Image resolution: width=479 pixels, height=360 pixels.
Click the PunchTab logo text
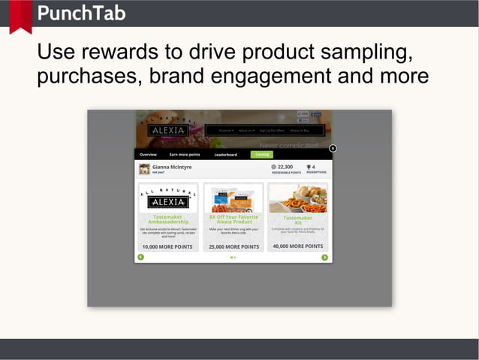(x=81, y=13)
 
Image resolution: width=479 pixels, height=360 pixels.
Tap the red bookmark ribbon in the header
(x=20, y=15)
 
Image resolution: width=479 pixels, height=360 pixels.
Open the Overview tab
(x=148, y=154)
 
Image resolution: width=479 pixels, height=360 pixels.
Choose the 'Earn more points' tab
(x=185, y=154)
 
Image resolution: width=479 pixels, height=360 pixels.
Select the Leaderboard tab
(x=225, y=154)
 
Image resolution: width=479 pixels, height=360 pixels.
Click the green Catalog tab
(x=261, y=154)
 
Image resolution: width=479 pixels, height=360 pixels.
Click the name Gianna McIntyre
(x=172, y=167)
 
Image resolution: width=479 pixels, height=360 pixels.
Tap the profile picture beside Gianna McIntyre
(x=144, y=169)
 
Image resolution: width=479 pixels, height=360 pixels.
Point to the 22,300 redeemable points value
(x=285, y=167)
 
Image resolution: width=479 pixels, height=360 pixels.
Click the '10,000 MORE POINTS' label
(x=168, y=247)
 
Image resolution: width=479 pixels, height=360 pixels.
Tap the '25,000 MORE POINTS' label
(x=233, y=247)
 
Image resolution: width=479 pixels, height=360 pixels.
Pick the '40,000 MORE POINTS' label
(x=298, y=246)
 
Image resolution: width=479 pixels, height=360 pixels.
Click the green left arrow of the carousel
(x=140, y=258)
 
